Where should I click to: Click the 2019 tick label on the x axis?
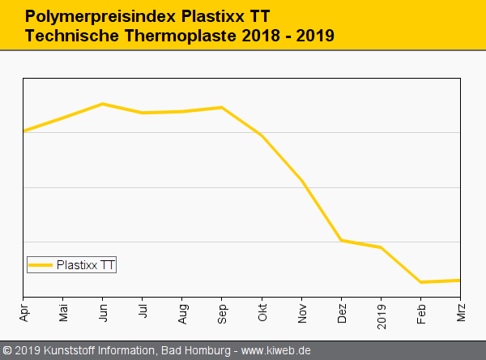tap(381, 312)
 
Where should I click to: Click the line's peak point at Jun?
tap(102, 104)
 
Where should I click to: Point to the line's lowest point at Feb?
tap(420, 282)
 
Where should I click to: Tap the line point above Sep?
tap(222, 107)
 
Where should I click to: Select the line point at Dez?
tap(341, 240)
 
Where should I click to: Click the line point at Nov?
tap(301, 180)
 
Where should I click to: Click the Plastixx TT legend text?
tap(85, 264)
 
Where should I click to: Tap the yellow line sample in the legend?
tap(40, 264)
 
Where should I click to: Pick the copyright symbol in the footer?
tap(7, 351)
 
